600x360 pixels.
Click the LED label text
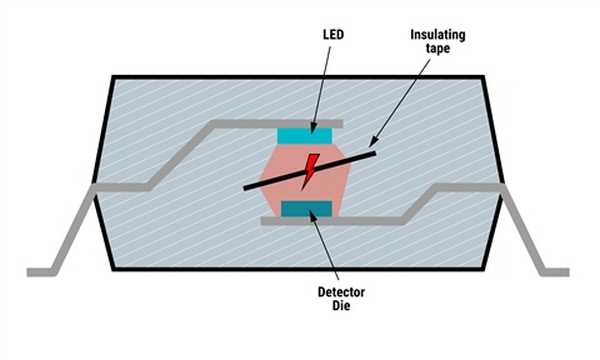coord(333,35)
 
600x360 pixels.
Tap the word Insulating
coord(438,35)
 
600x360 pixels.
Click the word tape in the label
coord(438,49)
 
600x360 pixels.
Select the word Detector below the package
coord(341,292)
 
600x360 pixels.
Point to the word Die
coord(341,306)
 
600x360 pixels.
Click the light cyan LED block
coord(305,135)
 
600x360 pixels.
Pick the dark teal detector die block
coord(307,209)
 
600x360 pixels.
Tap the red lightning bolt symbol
coord(310,171)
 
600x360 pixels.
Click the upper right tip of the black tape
coord(375,153)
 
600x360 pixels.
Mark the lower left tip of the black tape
coord(245,188)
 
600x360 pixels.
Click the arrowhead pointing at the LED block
coord(313,128)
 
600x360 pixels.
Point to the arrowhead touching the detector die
coord(313,215)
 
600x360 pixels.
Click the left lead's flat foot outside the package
coord(41,272)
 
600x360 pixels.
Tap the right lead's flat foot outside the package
coord(556,272)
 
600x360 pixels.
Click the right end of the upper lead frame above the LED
coord(341,124)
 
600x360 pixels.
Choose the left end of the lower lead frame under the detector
coord(263,221)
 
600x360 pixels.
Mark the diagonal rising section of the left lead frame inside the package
coord(181,156)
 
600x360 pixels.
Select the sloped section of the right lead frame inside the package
coord(418,204)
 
